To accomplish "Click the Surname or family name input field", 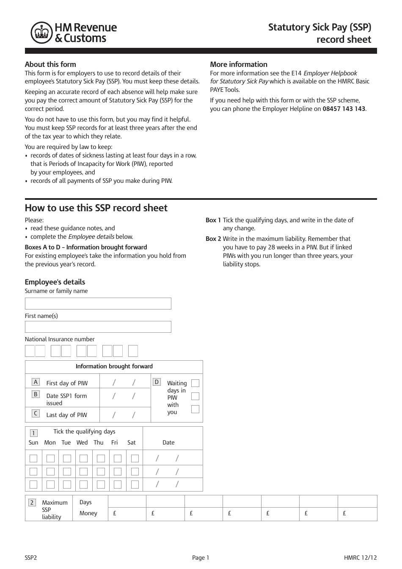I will [98, 304].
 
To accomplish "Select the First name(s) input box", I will [98, 327].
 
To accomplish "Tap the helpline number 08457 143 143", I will [344, 109].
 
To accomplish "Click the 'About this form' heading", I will [50, 64].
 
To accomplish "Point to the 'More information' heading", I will [239, 64].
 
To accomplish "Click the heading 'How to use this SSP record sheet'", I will [96, 208].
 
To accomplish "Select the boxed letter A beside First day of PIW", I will [36, 382].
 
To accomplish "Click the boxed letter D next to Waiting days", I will [157, 382].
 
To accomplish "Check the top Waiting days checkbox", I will [195, 383].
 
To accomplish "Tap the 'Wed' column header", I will [82, 442].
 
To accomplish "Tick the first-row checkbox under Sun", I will [33, 458].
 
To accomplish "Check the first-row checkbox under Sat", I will [135, 458].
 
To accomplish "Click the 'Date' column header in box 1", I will [168, 442].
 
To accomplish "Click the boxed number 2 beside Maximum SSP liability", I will [32, 503].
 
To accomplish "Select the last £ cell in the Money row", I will [358, 514].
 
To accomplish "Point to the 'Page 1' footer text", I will [201, 558].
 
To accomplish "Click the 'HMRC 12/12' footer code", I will [361, 558].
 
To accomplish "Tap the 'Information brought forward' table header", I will [114, 367].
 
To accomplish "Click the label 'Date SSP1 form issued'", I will [66, 399].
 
